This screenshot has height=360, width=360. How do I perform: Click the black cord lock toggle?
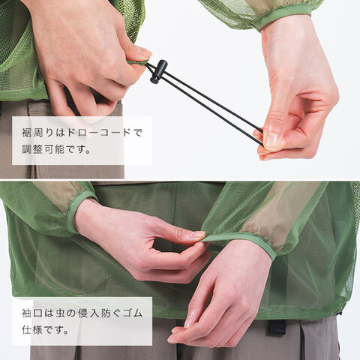158,71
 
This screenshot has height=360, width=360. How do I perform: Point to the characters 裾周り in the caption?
37,133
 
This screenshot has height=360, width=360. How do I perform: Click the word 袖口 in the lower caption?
32,313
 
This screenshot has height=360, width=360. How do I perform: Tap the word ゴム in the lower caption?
133,313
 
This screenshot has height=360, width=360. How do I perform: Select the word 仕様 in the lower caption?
32,330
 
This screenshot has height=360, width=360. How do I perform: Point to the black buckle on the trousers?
277,328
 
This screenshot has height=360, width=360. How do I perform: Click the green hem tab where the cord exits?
136,62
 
